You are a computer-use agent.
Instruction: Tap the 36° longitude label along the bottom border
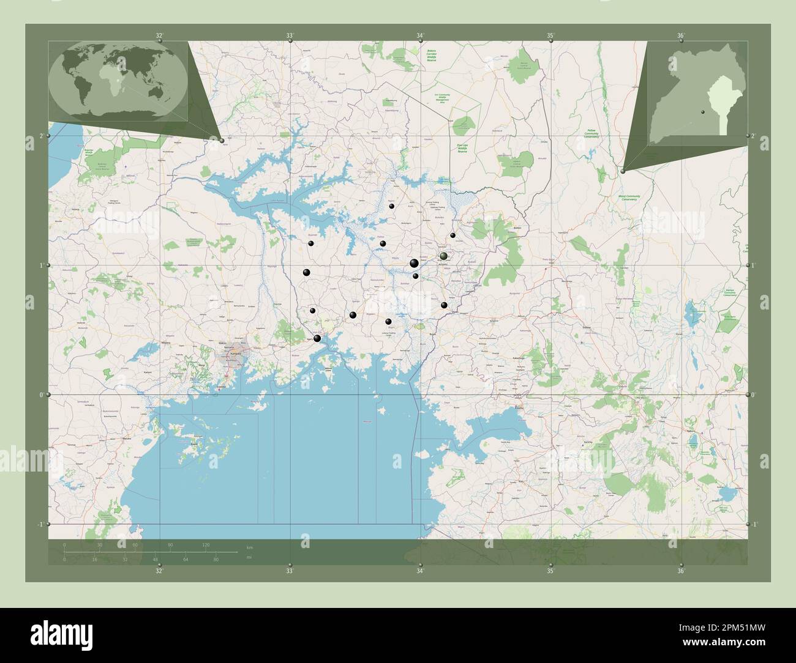tap(681, 571)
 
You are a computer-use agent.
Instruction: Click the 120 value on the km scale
tap(206, 544)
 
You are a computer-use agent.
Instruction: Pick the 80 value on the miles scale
tap(216, 559)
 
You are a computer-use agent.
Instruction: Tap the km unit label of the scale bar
tap(249, 546)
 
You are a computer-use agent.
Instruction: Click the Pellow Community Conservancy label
tap(591, 133)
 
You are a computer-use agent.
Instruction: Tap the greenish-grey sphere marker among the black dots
tap(443, 256)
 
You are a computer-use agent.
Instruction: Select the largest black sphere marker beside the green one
tap(415, 264)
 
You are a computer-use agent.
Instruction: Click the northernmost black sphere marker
tap(392, 206)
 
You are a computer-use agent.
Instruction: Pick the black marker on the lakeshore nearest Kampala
tap(317, 338)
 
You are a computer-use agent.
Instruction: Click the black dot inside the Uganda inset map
tap(702, 113)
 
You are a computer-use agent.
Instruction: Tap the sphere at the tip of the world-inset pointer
tap(222, 140)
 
